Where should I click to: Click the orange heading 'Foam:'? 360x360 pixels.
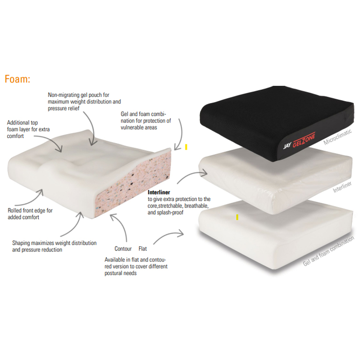pyautogui.click(x=17, y=79)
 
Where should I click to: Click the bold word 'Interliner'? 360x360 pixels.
pyautogui.click(x=159, y=192)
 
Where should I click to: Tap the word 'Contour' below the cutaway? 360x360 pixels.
pyautogui.click(x=123, y=248)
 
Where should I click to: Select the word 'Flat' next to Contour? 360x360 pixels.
pyautogui.click(x=143, y=248)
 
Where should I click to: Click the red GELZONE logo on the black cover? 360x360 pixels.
pyautogui.click(x=304, y=140)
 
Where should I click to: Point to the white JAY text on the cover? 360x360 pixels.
pyautogui.click(x=287, y=145)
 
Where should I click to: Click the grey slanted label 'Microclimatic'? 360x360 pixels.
pyautogui.click(x=337, y=137)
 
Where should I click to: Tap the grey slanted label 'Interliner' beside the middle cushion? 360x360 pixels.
pyautogui.click(x=342, y=187)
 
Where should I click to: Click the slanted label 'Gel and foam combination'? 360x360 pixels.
pyautogui.click(x=328, y=251)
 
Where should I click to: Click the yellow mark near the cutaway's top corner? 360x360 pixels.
pyautogui.click(x=186, y=147)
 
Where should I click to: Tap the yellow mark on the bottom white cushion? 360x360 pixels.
pyautogui.click(x=237, y=217)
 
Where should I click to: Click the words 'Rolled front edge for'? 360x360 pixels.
pyautogui.click(x=30, y=210)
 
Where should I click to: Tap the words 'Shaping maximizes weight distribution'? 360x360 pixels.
pyautogui.click(x=54, y=243)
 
